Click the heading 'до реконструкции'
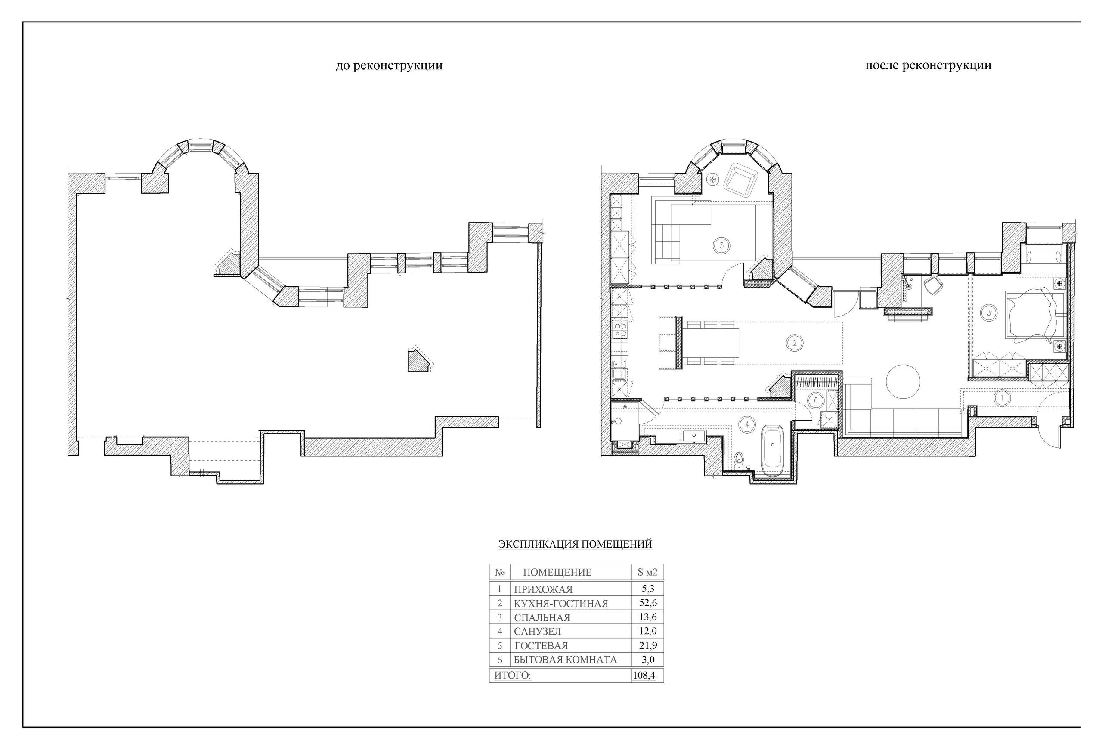pos(389,65)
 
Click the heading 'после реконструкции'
pos(928,65)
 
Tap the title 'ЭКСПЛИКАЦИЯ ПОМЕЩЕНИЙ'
pos(575,544)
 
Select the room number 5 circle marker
pos(721,245)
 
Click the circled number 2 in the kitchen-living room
pos(795,343)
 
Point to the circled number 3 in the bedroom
pos(989,313)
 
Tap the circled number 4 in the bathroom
pos(748,424)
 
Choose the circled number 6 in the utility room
pos(816,400)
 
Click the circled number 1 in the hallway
pos(1002,397)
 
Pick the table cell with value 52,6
pos(648,603)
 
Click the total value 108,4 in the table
pos(644,675)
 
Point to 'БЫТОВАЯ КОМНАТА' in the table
pos(565,660)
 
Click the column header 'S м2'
pos(647,572)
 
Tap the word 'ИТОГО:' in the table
pos(513,675)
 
